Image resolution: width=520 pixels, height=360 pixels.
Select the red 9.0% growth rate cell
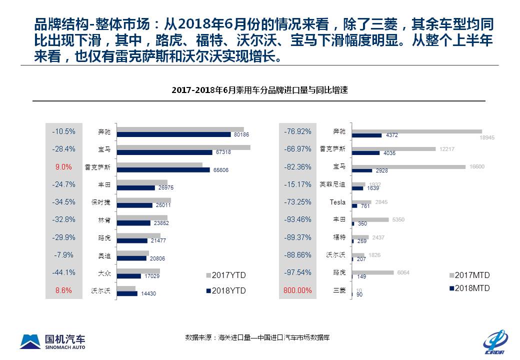(63, 166)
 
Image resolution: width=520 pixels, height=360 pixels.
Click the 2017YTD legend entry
(225, 275)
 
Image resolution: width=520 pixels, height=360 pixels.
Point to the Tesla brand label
(337, 202)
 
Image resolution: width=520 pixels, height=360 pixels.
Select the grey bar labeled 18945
(417, 131)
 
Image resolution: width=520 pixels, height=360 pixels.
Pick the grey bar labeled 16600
(408, 166)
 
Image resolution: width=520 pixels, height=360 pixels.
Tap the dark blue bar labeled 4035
(365, 153)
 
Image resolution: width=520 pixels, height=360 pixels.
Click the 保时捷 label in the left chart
(100, 202)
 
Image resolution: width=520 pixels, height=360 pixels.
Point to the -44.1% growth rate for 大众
(63, 272)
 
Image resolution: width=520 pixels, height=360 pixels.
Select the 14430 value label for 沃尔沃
(148, 293)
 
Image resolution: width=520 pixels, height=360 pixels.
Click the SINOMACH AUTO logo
(52, 341)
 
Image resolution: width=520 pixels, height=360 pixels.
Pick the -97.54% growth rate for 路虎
(297, 272)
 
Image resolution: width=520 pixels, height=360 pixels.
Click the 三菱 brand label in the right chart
(339, 290)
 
